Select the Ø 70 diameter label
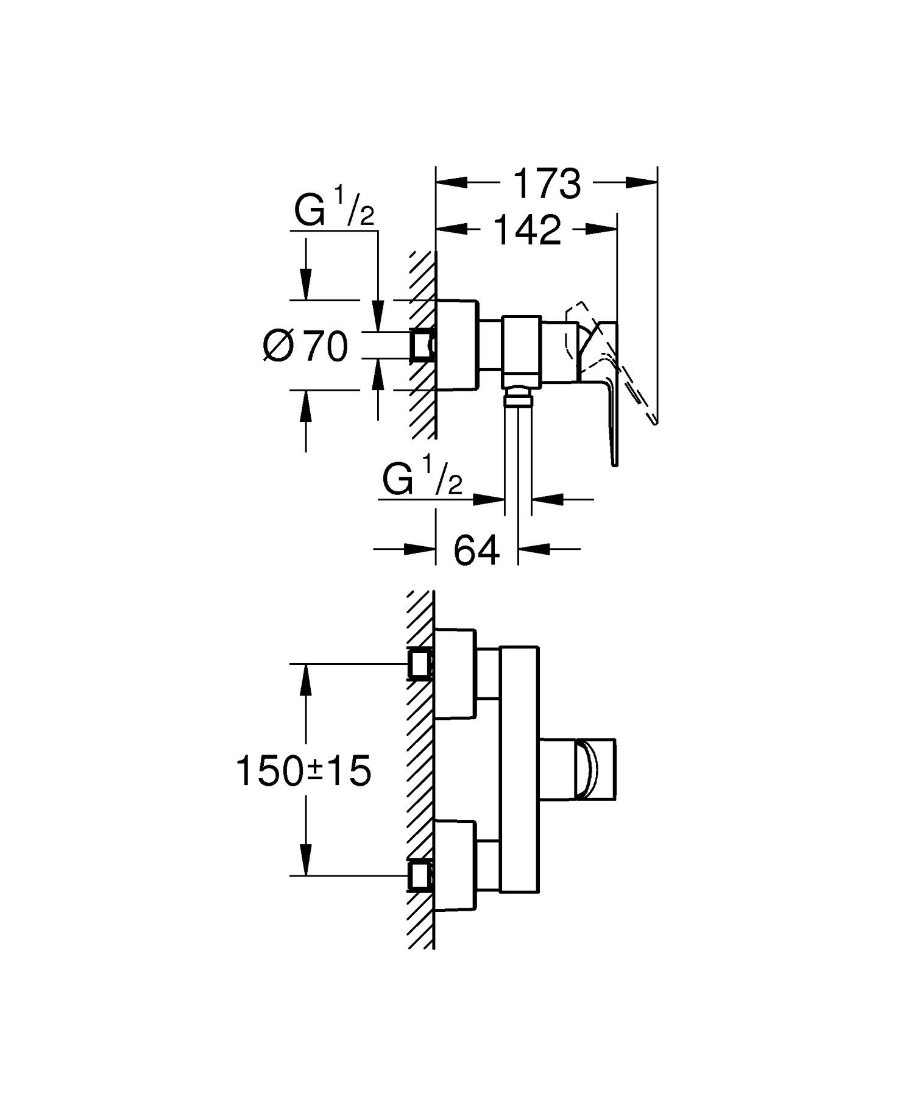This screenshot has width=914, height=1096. click(x=306, y=346)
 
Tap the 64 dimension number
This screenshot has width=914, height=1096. click(x=476, y=550)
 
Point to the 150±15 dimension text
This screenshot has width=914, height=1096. click(x=303, y=771)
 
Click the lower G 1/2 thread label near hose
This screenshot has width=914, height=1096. click(x=422, y=480)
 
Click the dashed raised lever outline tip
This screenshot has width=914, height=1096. click(x=654, y=421)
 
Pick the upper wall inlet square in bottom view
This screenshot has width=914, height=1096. click(x=420, y=664)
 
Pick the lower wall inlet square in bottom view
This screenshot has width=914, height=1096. click(x=420, y=876)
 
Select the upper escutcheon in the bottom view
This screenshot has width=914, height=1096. click(x=455, y=672)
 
